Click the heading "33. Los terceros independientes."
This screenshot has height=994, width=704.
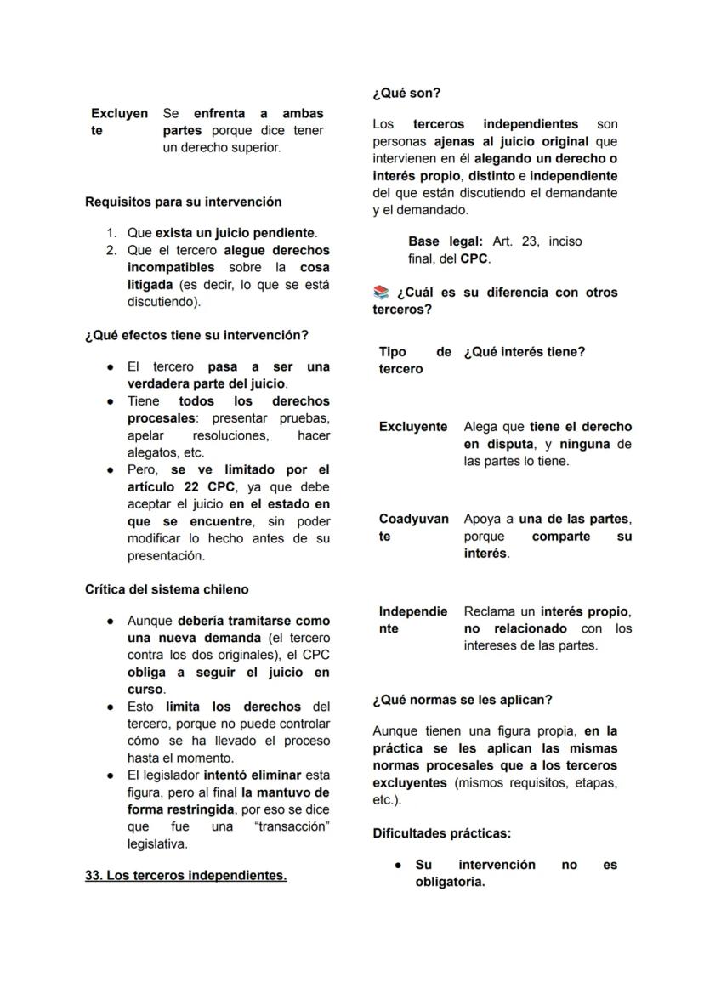(185, 875)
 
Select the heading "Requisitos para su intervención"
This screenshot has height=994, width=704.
(183, 202)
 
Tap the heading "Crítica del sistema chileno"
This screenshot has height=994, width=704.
(167, 588)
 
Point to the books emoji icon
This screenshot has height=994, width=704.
(380, 293)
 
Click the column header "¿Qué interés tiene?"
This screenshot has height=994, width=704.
(524, 352)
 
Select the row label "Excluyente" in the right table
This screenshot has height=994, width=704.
(413, 427)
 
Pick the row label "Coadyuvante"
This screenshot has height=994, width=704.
(413, 527)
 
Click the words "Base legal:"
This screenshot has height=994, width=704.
(446, 241)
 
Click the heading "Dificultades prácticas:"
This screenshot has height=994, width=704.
(441, 833)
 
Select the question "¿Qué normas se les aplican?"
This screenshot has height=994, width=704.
(463, 700)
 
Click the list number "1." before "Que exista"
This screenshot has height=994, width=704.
(111, 233)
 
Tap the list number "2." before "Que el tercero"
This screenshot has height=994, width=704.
(111, 250)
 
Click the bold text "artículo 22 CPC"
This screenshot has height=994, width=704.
(181, 486)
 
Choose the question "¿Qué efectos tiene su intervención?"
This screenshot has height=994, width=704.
(196, 335)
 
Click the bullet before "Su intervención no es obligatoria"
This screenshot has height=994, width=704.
(397, 865)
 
